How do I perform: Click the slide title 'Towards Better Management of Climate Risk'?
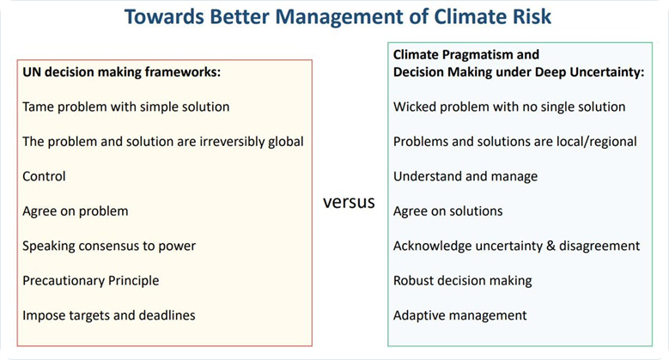338,17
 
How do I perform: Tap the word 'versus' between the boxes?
349,202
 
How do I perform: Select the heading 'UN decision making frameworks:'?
122,72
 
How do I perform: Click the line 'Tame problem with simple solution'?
126,107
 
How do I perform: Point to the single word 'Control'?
44,176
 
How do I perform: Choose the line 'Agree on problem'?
75,211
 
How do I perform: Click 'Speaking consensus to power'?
109,246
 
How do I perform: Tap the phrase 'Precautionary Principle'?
90,281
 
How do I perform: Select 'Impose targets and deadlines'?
109,315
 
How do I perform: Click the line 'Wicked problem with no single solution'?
509,107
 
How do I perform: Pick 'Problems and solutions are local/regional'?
514,142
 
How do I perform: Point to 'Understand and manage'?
465,176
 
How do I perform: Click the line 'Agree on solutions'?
447,211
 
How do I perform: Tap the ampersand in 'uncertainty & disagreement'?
550,246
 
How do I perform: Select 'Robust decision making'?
463,281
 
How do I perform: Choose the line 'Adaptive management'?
460,315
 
